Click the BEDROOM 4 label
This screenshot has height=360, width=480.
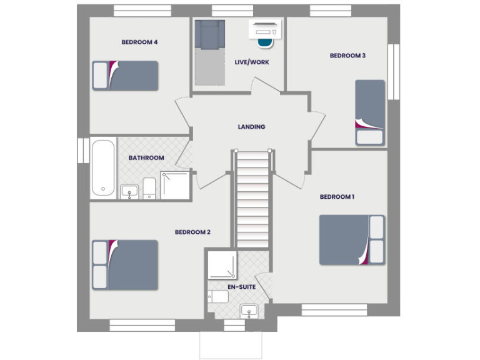tap(139, 42)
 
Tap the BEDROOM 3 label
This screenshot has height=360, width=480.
tap(347, 56)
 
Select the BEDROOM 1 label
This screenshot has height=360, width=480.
tap(337, 197)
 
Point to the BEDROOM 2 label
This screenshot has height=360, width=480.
tap(192, 232)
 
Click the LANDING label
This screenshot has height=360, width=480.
tap(251, 127)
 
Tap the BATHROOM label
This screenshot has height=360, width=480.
tap(146, 158)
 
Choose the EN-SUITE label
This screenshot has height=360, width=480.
tap(241, 287)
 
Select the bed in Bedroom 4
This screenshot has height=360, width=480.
tap(126, 76)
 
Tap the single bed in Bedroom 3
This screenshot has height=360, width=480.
tap(369, 112)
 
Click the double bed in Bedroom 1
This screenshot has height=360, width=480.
tap(352, 240)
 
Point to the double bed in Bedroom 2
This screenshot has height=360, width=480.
tap(126, 264)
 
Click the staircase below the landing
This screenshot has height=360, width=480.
tap(252, 200)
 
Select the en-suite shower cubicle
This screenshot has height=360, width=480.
tap(222, 266)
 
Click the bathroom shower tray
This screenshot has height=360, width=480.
tap(175, 186)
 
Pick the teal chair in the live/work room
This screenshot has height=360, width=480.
tap(266, 42)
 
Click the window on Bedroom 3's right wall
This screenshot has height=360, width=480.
tap(393, 71)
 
